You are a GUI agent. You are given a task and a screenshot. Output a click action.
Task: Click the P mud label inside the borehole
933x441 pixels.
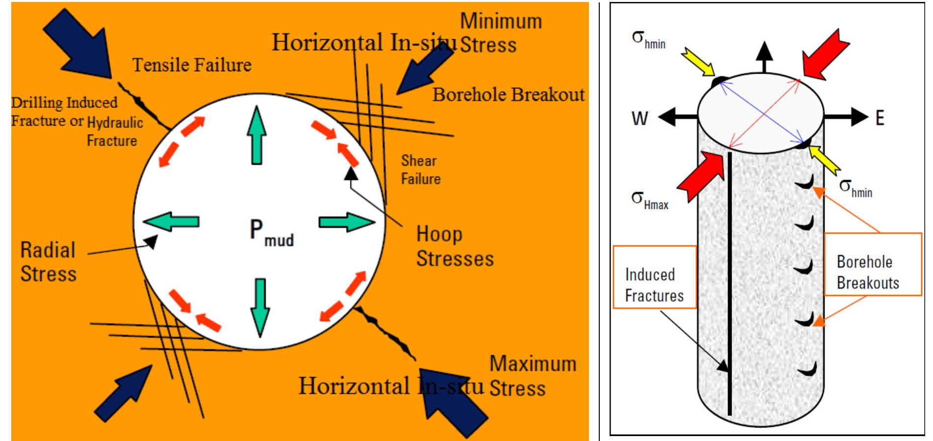click(271, 232)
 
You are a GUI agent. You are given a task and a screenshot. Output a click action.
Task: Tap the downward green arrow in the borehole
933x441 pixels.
click(260, 307)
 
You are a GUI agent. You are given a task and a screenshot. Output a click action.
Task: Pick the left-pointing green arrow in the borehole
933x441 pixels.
click(171, 222)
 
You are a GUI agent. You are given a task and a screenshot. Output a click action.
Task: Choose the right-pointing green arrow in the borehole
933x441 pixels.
click(347, 222)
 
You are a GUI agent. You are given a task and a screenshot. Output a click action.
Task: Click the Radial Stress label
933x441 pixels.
click(48, 261)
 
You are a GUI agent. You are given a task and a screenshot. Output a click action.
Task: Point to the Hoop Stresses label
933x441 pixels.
click(454, 246)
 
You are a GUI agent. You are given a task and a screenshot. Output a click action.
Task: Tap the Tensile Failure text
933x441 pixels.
click(192, 65)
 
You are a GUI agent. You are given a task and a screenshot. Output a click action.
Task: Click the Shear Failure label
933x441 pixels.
click(421, 170)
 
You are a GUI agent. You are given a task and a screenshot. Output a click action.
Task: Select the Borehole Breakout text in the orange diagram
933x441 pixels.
click(508, 95)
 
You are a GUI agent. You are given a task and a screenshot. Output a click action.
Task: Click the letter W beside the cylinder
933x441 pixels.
click(640, 118)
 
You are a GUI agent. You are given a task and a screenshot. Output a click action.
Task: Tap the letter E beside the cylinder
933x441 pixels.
click(880, 118)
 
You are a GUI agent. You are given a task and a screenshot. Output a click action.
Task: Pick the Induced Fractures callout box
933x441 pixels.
click(654, 277)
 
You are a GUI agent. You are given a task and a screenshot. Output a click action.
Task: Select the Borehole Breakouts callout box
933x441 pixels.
click(872, 264)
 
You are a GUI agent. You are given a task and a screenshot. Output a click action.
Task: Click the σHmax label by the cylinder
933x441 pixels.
click(649, 200)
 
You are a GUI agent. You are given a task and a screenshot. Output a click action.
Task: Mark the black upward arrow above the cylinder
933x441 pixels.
click(764, 57)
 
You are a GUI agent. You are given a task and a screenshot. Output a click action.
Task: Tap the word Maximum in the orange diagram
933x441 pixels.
click(533, 364)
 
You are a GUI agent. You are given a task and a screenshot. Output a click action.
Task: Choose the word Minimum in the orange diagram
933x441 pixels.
click(501, 21)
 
